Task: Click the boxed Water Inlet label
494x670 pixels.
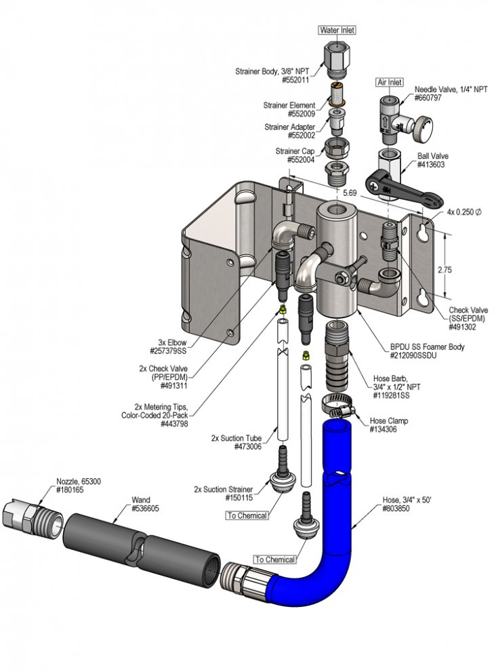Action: point(337,30)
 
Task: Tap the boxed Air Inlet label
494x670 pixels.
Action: point(390,81)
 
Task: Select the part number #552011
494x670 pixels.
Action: point(295,79)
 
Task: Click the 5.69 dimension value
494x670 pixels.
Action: point(349,193)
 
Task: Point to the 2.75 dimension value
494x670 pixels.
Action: point(445,270)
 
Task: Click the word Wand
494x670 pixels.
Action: point(140,500)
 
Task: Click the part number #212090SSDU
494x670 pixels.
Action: point(413,355)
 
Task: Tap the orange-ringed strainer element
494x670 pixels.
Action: point(337,94)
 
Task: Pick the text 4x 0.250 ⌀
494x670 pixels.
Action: point(464,212)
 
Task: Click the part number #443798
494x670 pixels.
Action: point(174,424)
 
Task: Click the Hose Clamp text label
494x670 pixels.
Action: point(388,420)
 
